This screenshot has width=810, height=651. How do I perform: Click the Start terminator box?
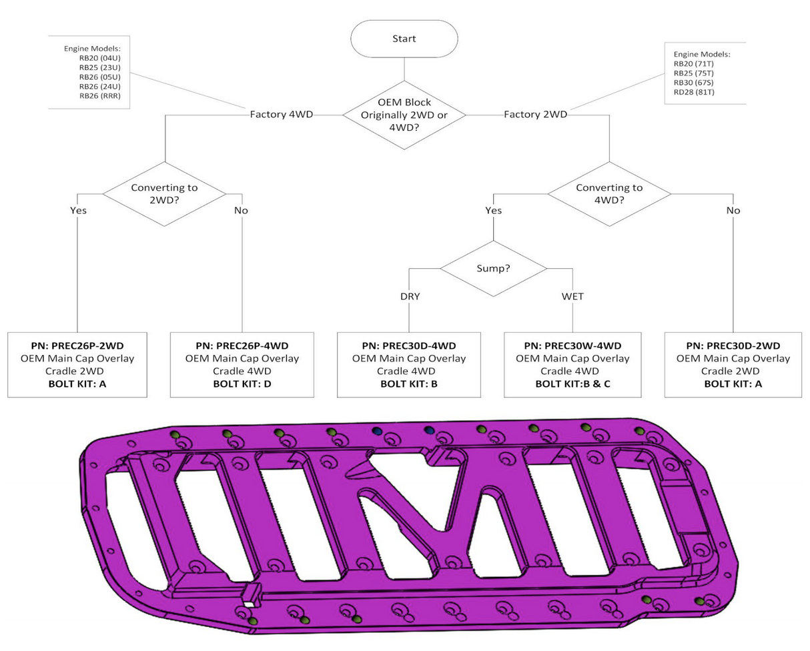[x=404, y=39]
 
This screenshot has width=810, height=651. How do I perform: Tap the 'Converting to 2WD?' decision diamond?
[x=164, y=193]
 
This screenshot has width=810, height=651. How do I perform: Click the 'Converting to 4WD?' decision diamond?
[x=609, y=193]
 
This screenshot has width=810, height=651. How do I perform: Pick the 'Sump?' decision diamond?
[x=493, y=269]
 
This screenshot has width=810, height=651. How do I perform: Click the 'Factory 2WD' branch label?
[x=535, y=115]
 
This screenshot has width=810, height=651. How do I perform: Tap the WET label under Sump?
[x=573, y=296]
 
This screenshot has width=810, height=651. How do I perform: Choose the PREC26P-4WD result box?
[x=241, y=364]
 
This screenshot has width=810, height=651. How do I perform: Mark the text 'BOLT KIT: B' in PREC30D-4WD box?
[x=405, y=384]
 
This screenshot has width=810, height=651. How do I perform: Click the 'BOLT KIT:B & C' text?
[x=569, y=384]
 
